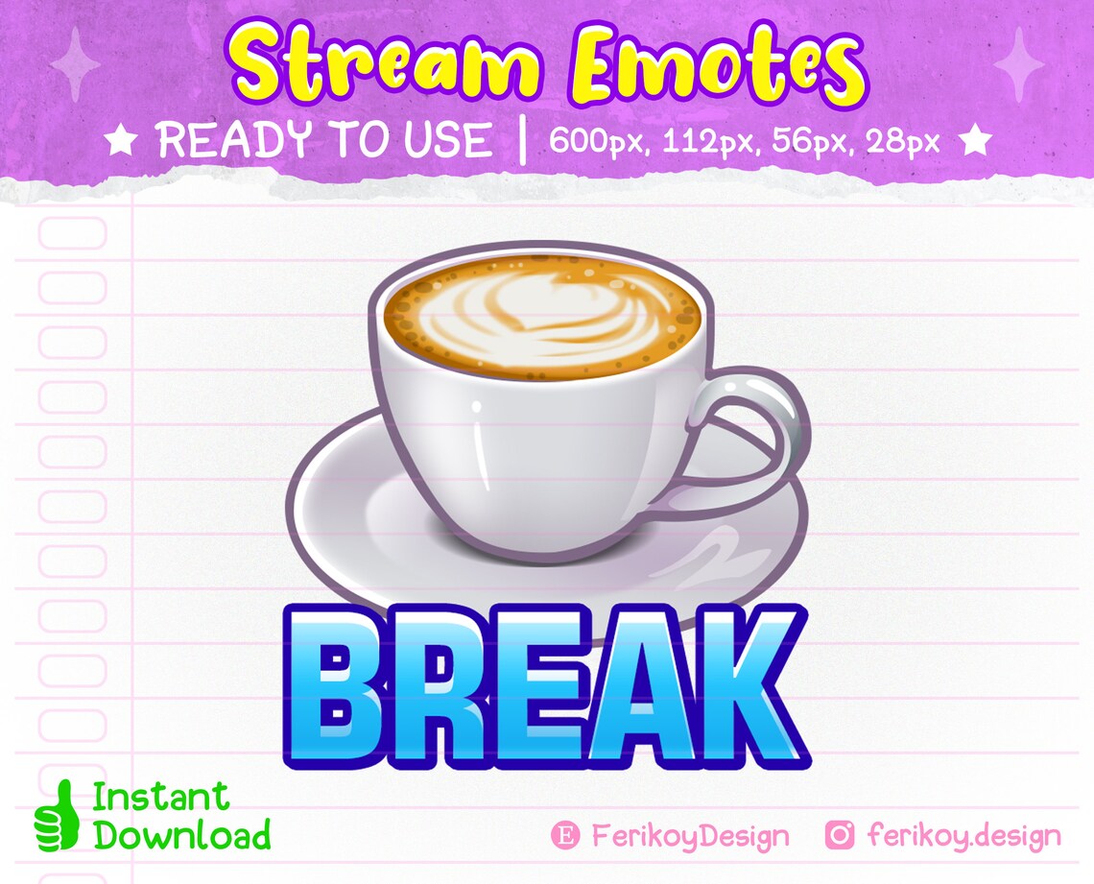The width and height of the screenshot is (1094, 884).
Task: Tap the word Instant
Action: (161, 796)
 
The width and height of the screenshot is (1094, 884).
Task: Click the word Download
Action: (182, 834)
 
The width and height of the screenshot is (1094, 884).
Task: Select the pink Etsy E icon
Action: (566, 835)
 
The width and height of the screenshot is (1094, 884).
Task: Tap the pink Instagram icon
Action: (840, 835)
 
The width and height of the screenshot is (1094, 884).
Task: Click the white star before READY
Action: (121, 142)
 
